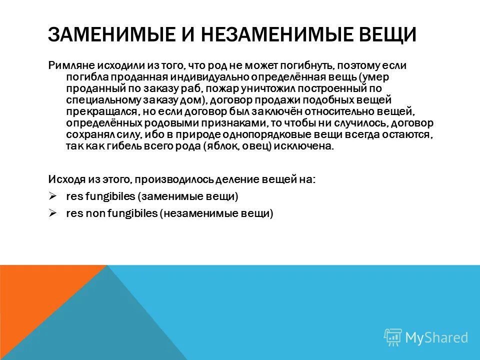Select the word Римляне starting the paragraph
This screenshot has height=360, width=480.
[x=68, y=65]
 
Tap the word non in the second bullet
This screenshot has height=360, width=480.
[x=91, y=213]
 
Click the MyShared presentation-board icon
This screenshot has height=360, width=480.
[x=392, y=337]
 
